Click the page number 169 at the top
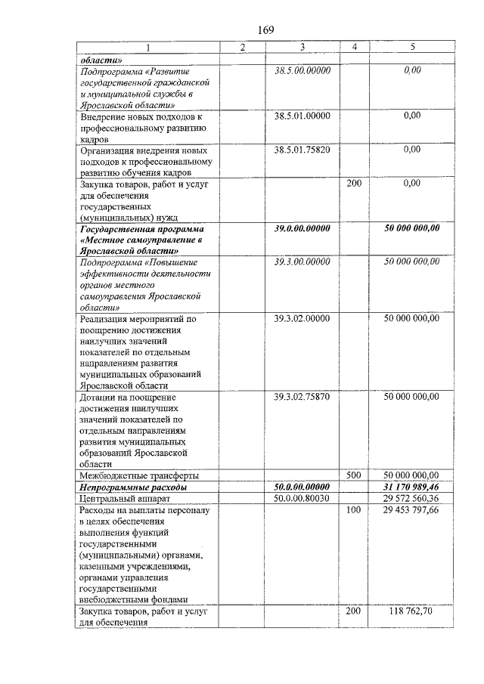[265, 29]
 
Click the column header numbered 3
[302, 48]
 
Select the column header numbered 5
[412, 48]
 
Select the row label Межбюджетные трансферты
[139, 476]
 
